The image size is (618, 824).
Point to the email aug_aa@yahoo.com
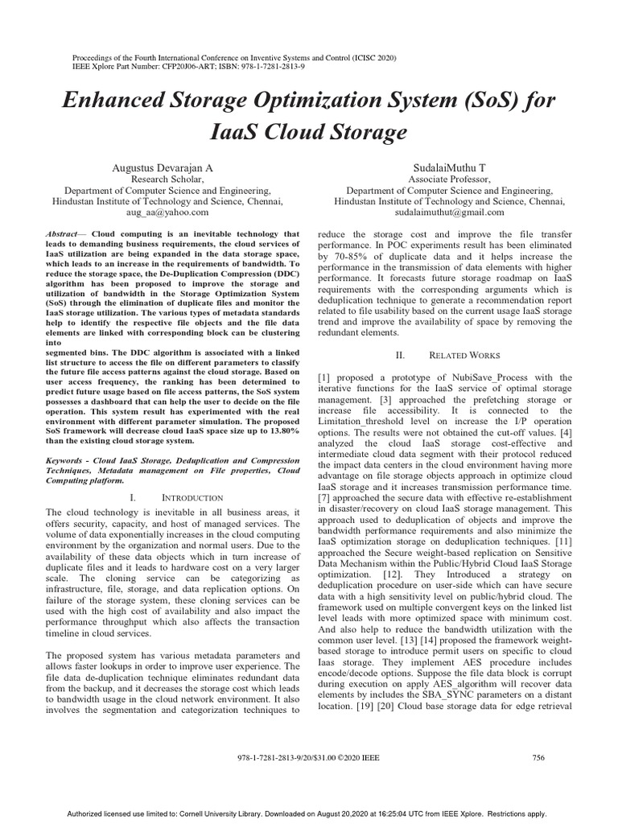coord(167,212)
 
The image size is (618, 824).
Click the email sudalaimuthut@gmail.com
coord(449,212)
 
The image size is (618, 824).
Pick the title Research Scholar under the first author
coord(167,179)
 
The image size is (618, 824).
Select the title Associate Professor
coord(449,179)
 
